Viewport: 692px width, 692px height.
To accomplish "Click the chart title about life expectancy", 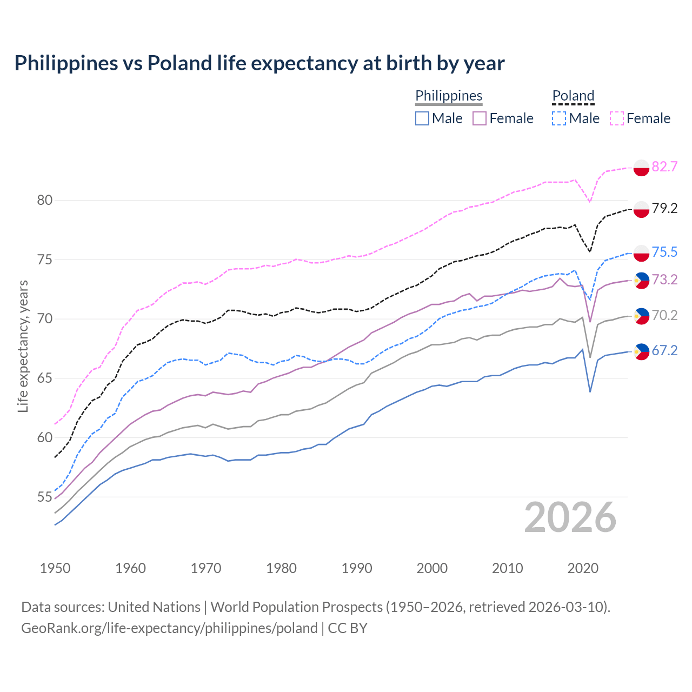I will pyautogui.click(x=259, y=63).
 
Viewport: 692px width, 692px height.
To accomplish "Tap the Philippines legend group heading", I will pyautogui.click(x=449, y=96).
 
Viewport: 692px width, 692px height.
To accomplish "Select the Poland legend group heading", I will pyautogui.click(x=573, y=96).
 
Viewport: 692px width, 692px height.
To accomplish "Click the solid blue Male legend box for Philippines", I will pyautogui.click(x=422, y=118).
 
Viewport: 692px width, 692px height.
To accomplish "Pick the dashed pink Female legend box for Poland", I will pyautogui.click(x=617, y=118).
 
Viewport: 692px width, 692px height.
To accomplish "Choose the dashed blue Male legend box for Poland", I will pyautogui.click(x=559, y=118).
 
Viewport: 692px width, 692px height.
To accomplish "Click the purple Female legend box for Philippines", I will pyautogui.click(x=480, y=118).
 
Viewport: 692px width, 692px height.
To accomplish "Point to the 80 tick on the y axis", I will pyautogui.click(x=44, y=201).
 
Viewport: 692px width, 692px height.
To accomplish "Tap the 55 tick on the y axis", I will pyautogui.click(x=44, y=497).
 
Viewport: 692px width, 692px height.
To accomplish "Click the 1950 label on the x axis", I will pyautogui.click(x=55, y=568).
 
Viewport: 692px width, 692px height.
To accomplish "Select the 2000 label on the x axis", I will pyautogui.click(x=432, y=568).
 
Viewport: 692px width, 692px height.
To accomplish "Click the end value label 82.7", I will pyautogui.click(x=664, y=167).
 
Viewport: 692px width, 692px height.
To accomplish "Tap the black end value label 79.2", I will pyautogui.click(x=664, y=209).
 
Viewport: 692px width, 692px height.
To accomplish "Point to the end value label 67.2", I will pyautogui.click(x=664, y=351).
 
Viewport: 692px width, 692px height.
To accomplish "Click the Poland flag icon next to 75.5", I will pyautogui.click(x=641, y=252).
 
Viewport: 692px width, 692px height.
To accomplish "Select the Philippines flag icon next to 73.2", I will pyautogui.click(x=641, y=280).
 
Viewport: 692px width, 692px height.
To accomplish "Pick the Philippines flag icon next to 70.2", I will pyautogui.click(x=641, y=316).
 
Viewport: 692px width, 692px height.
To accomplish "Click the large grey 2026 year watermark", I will pyautogui.click(x=570, y=518).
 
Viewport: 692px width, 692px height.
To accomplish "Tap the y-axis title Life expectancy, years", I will pyautogui.click(x=23, y=346).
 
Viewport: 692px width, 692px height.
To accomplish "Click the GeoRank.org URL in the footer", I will pyautogui.click(x=169, y=628).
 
